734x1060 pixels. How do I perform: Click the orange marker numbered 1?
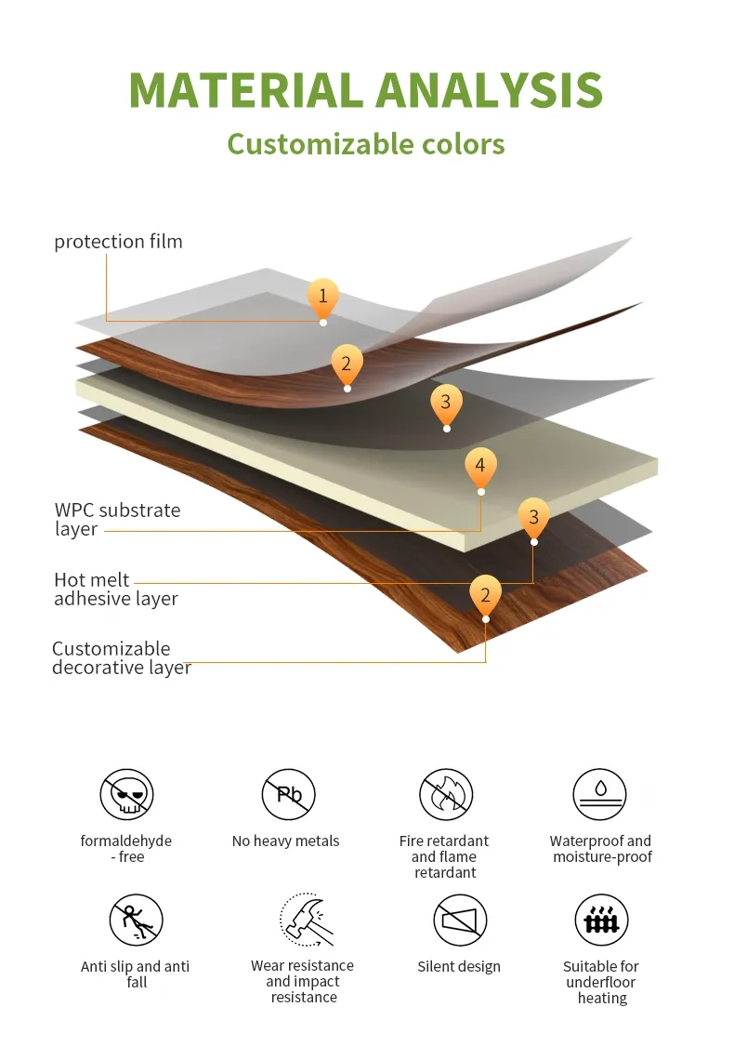coord(322,297)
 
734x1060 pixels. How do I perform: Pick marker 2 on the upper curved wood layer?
coord(347,364)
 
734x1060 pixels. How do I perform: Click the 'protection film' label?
coord(118,242)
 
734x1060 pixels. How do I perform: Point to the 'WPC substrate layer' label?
coord(117,519)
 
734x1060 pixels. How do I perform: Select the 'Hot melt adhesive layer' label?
coord(115,590)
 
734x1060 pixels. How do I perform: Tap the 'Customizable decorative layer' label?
coord(121,658)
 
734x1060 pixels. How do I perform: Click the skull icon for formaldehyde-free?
coord(126,795)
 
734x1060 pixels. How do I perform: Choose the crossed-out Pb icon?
coord(288,795)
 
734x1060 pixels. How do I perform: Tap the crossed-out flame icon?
coord(446,795)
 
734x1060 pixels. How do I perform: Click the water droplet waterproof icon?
coord(600,795)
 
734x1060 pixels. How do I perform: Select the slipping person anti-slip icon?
coord(136,921)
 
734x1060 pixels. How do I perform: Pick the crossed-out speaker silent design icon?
coord(460,921)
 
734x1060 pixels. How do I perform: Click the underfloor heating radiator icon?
coord(601,921)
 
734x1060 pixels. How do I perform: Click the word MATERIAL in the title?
coord(245,90)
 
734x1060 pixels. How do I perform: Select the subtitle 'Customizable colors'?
coord(366,144)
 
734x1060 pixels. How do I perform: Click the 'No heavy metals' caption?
coord(285,841)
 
